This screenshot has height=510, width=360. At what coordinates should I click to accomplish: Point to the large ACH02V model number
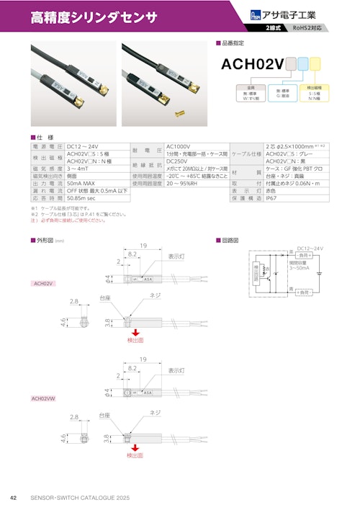coord(251,64)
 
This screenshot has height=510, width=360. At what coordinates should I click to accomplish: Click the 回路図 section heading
coord(232,240)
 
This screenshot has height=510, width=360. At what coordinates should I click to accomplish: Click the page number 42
coord(13,497)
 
